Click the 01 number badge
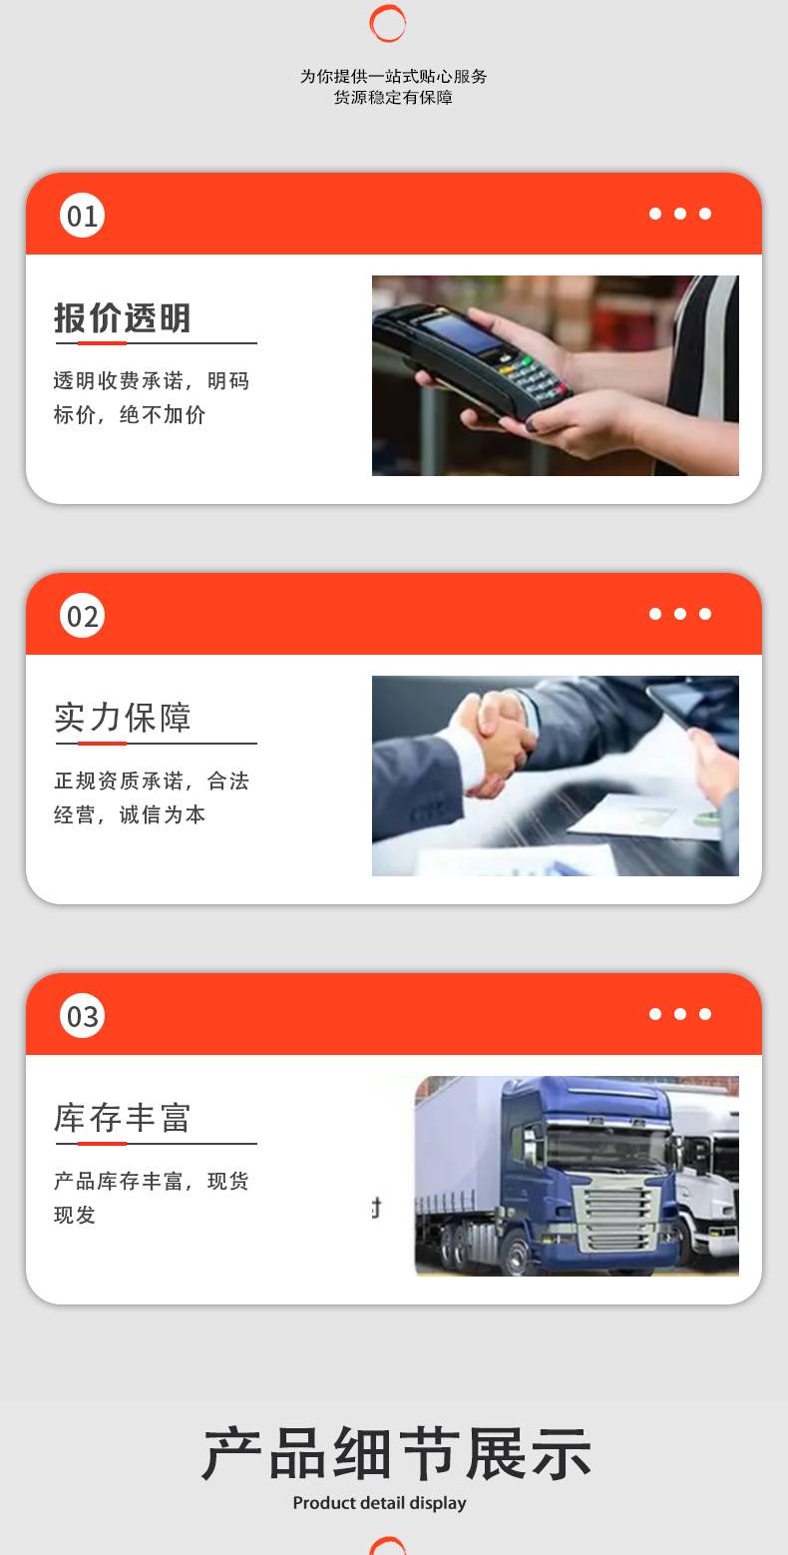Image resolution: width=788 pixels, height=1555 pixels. (82, 216)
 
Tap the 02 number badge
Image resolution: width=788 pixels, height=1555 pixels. (82, 616)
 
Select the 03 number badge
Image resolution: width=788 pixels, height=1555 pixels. (82, 1016)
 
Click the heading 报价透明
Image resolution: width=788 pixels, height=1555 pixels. (122, 318)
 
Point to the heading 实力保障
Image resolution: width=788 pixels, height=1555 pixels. (122, 718)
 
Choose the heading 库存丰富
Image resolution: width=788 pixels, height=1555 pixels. (122, 1118)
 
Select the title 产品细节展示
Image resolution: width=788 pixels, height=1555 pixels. (396, 1453)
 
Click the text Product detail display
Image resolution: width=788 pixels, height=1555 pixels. (379, 1503)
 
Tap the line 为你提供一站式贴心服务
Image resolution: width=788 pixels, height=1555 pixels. (393, 77)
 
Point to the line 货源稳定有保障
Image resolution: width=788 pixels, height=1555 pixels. (393, 97)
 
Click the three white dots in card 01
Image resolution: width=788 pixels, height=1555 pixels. (680, 214)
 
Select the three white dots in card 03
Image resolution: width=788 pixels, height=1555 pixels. (680, 1014)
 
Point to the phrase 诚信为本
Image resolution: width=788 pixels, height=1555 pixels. (163, 814)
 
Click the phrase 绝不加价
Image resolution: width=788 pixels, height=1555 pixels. (163, 414)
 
